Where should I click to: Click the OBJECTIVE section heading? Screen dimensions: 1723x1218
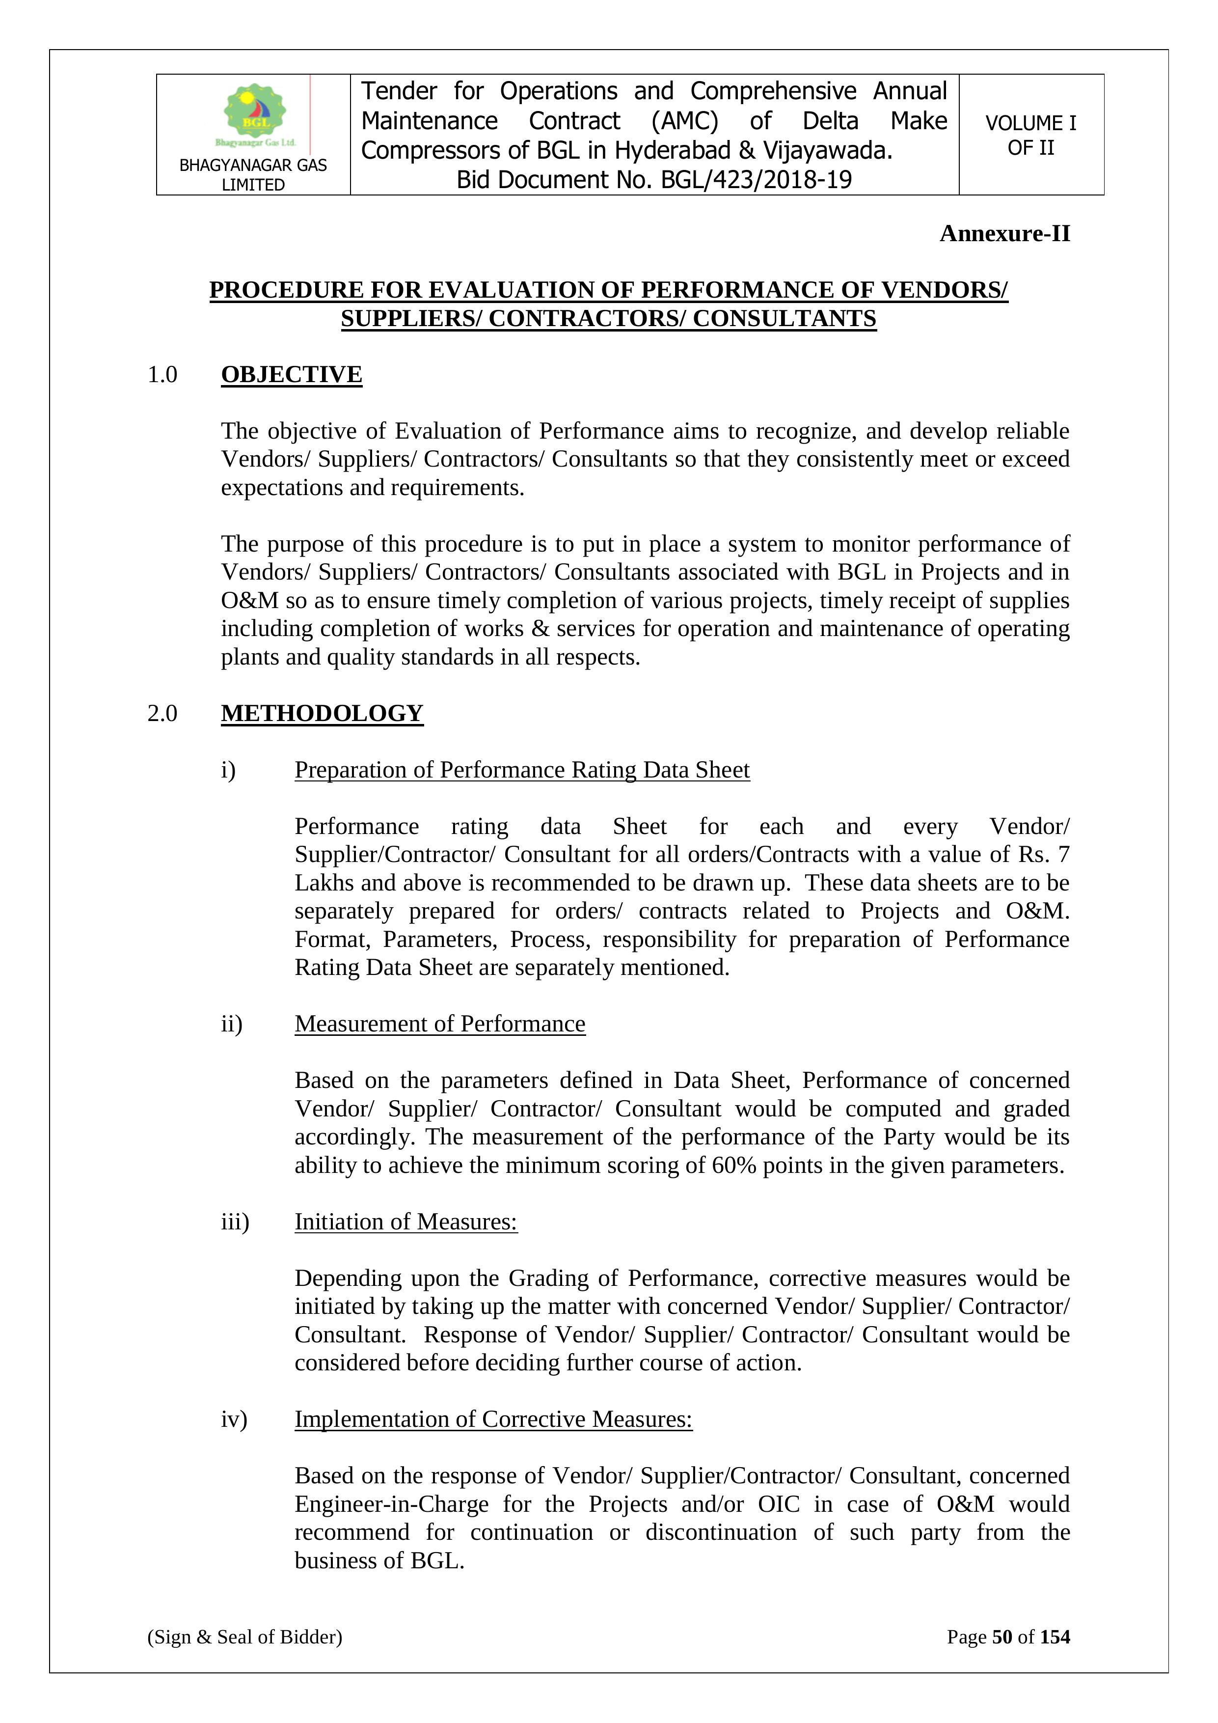point(291,374)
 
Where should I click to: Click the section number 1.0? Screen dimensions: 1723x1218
point(162,374)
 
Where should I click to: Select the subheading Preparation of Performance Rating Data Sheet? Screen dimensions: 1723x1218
point(522,770)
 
